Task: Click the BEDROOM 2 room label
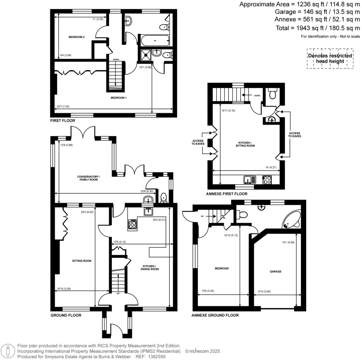76,37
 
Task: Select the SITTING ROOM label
82,261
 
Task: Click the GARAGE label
275,272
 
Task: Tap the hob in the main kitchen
133,224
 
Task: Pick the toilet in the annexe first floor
272,94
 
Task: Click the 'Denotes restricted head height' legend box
330,58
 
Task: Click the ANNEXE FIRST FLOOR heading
226,194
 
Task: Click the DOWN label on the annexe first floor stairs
257,95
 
